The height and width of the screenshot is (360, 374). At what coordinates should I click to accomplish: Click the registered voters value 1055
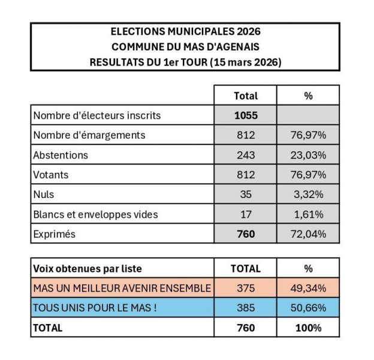pos(245,115)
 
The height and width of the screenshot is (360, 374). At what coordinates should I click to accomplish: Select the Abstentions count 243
pos(245,155)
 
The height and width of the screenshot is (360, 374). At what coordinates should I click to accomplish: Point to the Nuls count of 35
pos(245,194)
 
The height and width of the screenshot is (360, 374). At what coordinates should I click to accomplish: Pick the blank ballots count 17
pos(245,214)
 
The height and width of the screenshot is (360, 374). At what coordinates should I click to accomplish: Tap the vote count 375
pos(245,289)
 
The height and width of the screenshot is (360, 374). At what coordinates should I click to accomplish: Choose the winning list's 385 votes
pos(245,308)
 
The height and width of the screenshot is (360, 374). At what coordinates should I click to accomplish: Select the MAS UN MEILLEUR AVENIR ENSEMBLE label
pos(122,289)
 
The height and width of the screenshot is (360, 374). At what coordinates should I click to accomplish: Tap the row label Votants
pos(51,175)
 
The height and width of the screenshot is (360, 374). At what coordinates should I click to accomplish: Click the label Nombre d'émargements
pos(89,135)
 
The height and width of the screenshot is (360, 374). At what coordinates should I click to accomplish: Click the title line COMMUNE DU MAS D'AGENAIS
pos(185,47)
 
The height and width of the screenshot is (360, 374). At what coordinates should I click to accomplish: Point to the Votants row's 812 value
pos(245,175)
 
